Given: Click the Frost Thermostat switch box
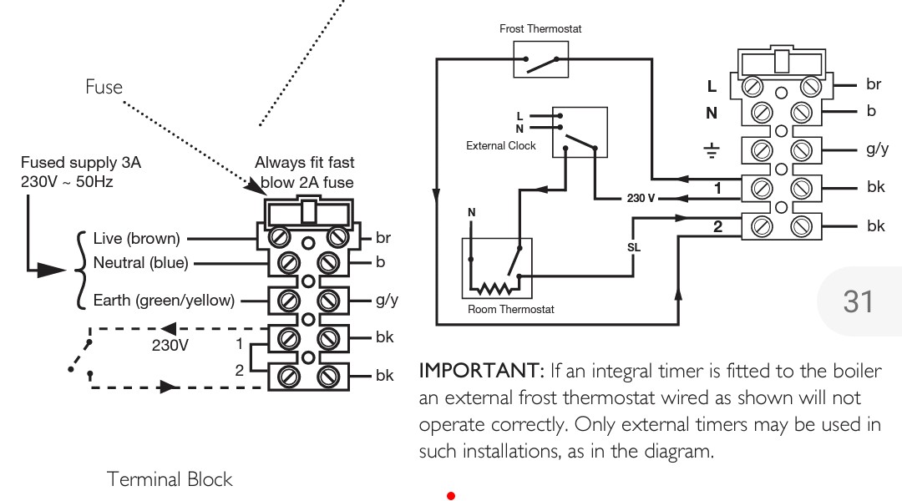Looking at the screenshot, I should [x=540, y=59].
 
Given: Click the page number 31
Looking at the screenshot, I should [x=858, y=301].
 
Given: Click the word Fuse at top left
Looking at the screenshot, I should [x=104, y=87].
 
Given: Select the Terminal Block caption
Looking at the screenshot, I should [x=170, y=479].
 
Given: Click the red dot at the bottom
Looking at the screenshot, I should [x=451, y=496].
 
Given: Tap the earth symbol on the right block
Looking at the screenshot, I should [x=712, y=150].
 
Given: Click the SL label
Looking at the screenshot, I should [x=634, y=247].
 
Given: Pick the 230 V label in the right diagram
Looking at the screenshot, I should [x=641, y=199].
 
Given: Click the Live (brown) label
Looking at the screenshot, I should [x=136, y=240].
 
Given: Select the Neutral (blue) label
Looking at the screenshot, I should [x=140, y=263].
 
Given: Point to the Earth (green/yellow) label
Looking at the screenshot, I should [x=164, y=301].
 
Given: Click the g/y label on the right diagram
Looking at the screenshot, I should [x=877, y=149].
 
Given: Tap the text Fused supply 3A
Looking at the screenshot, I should [x=80, y=163].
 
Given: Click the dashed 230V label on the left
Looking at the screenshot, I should [x=170, y=343].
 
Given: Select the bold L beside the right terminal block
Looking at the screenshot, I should [x=712, y=86].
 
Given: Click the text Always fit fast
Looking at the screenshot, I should [x=304, y=163].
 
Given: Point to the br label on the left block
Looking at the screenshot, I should [x=383, y=238].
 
